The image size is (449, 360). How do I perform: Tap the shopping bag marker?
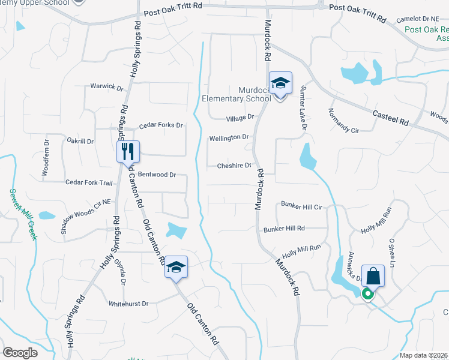pyautogui.click(x=373, y=276)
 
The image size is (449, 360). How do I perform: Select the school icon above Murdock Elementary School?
pyautogui.click(x=280, y=82)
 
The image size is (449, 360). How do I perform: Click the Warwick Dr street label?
pyautogui.click(x=106, y=86)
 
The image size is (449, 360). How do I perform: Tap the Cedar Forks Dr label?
pyautogui.click(x=160, y=125)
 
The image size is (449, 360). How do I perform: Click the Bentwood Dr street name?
pyautogui.click(x=156, y=175)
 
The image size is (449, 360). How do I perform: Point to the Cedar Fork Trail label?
pyautogui.click(x=89, y=182)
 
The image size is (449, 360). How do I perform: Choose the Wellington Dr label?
pyautogui.click(x=229, y=137)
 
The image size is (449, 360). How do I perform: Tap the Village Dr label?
pyautogui.click(x=240, y=118)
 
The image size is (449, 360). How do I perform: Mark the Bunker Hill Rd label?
pyautogui.click(x=284, y=229)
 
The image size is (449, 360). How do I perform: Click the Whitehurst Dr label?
pyautogui.click(x=128, y=304)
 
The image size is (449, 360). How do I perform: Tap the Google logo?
pyautogui.click(x=20, y=352)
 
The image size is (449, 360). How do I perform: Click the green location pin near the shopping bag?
pyautogui.click(x=367, y=294)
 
